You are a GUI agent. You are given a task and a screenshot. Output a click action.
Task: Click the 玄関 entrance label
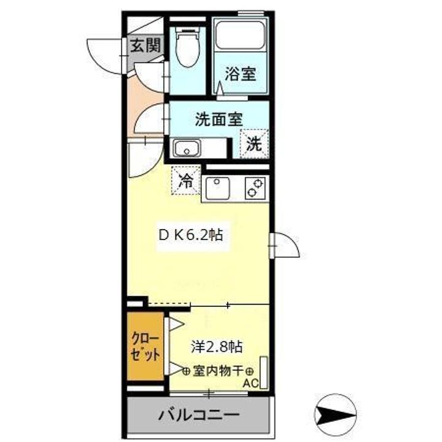point(145,45)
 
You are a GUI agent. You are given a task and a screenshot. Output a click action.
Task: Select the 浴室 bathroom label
point(239,75)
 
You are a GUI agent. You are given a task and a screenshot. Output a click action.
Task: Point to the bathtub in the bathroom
point(239,36)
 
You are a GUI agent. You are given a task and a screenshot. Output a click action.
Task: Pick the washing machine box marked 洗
point(254,145)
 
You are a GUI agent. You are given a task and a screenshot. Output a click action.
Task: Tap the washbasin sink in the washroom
point(187,148)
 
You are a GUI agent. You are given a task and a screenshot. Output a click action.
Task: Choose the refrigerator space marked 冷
point(185,180)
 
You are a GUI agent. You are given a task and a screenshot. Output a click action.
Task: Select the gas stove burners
point(255,187)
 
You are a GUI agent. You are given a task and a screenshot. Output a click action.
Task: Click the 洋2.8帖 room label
point(215,346)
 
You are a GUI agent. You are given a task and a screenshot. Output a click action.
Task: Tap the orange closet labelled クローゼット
point(146,347)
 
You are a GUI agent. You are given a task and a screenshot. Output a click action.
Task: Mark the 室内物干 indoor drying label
point(219,371)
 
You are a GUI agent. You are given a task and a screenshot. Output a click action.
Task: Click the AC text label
point(249,384)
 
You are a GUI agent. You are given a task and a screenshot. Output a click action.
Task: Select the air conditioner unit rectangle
point(263,371)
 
